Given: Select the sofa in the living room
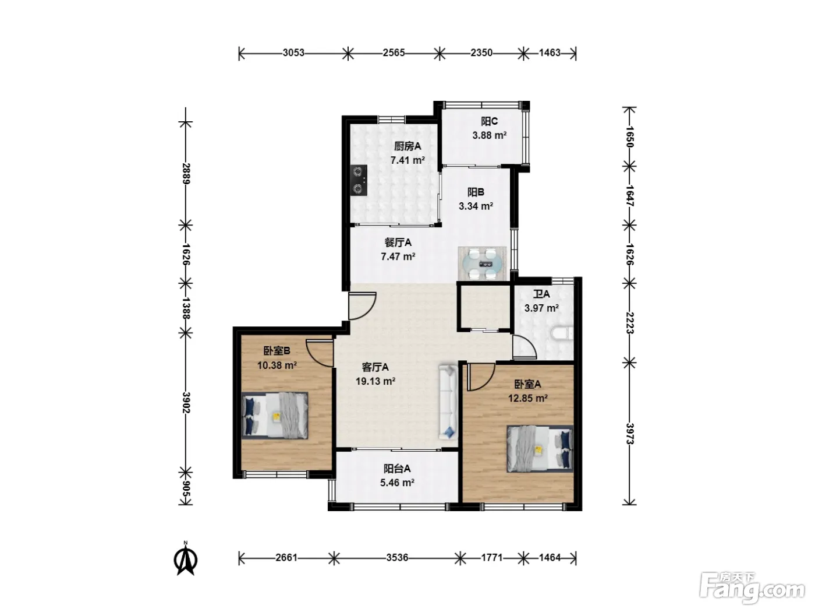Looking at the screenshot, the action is click(448, 402).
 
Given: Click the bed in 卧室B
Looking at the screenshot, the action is click(275, 416).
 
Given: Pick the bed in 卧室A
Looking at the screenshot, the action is click(540, 449).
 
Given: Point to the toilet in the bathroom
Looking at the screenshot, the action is click(563, 333).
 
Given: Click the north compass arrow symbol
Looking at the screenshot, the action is click(185, 558).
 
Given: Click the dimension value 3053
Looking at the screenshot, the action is click(293, 53).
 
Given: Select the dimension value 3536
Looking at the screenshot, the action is click(397, 557).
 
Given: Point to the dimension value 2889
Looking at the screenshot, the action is click(186, 174).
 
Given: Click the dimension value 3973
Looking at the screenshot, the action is click(629, 434).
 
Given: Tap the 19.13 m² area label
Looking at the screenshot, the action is click(375, 381).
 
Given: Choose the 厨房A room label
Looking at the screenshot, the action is click(408, 146).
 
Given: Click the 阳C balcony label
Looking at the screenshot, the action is click(489, 121).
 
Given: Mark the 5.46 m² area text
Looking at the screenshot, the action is click(397, 483).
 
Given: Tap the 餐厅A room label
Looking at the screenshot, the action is click(398, 242).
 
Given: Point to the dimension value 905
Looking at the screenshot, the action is click(186, 493).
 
